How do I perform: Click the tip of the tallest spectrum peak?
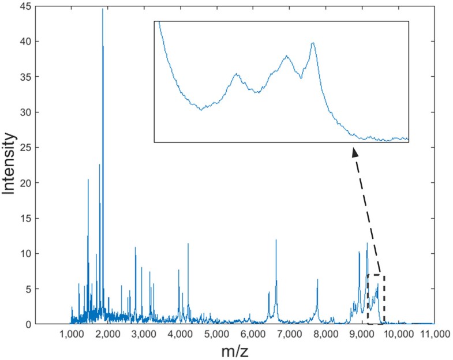[x=103, y=9]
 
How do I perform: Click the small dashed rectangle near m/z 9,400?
[x=376, y=299]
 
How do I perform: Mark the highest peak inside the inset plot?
[x=313, y=43]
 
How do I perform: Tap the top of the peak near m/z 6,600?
[x=276, y=240]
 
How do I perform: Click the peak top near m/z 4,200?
[x=188, y=244]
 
